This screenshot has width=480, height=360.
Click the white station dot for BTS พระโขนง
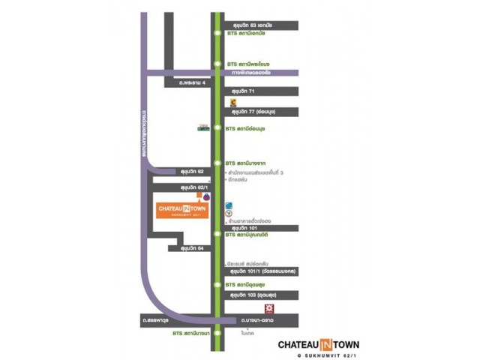click(x=217, y=64)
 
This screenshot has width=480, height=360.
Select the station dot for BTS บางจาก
click(x=217, y=163)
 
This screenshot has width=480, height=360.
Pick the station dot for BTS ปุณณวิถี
click(x=217, y=235)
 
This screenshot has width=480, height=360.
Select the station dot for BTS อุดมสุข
click(x=217, y=285)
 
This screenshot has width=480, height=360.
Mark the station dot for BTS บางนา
click(x=217, y=332)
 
